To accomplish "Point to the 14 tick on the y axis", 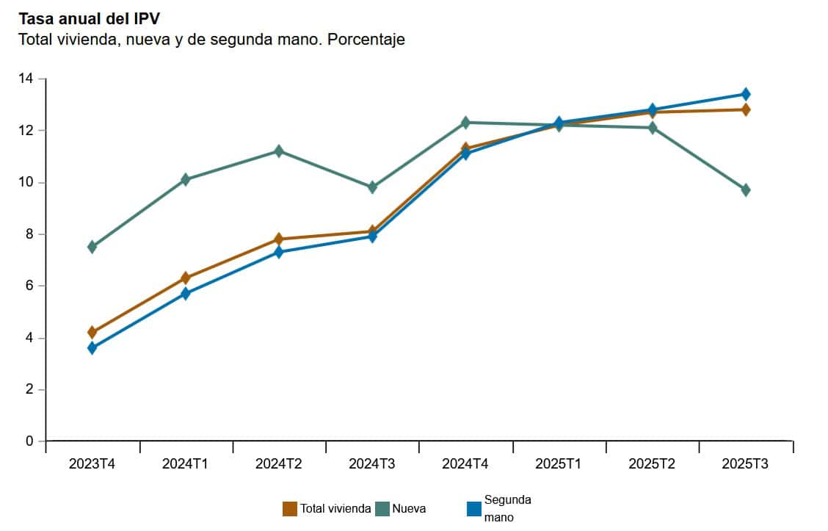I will point(29,79).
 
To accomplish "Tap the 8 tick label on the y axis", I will point(29,234).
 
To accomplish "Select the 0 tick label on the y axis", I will point(29,441).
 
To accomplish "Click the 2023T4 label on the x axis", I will point(92,464).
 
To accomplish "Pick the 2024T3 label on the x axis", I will point(372,464).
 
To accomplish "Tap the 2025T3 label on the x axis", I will point(745,464).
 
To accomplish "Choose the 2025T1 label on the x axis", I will point(559,464).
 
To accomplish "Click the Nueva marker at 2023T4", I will point(92,247).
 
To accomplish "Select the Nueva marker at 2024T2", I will point(279,151).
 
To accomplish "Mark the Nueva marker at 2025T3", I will point(746,190).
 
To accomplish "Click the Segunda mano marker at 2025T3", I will point(746,94).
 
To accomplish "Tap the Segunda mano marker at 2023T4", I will point(92,348).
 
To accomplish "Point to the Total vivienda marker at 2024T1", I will point(186,278).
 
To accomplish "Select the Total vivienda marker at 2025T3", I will point(746,109).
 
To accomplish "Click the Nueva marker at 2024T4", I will point(465,123).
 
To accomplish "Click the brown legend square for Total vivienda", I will point(290,509).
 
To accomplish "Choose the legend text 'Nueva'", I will point(409,509).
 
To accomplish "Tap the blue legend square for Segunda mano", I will point(474,509).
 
